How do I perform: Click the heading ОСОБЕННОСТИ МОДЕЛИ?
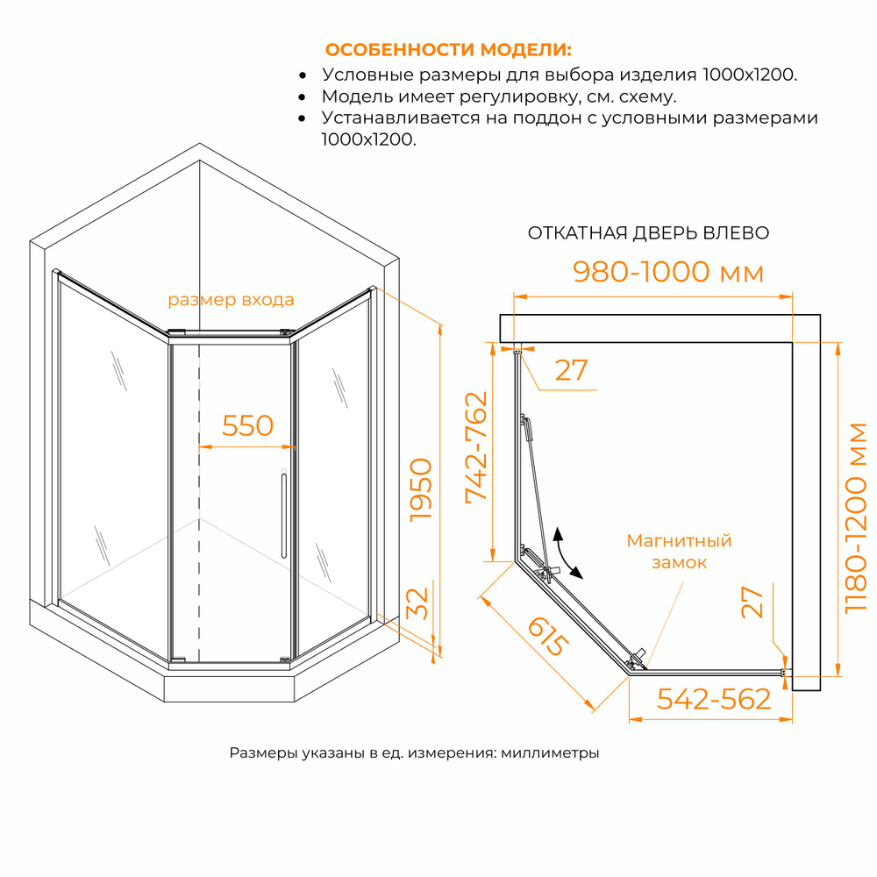pos(448,50)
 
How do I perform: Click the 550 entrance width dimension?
pos(247,425)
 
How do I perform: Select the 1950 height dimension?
pos(421,490)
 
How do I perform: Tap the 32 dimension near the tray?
pos(417,603)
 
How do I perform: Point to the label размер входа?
pos(231,300)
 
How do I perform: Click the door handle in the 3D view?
pos(283,515)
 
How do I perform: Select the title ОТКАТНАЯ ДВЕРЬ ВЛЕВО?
pos(648,232)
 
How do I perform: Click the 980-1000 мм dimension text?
pos(668,272)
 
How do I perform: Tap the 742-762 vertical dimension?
pos(476,447)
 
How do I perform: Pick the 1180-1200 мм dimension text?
pos(856,518)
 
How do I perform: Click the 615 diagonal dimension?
pos(548,636)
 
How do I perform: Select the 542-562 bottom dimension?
pos(714,699)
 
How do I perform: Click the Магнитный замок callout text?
pos(679,552)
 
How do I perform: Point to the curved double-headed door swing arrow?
pos(565,553)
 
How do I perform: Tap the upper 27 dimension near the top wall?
pos(571,370)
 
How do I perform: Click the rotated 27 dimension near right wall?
pos(752,602)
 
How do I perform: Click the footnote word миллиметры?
pos(550,752)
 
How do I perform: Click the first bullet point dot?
pos(303,75)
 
